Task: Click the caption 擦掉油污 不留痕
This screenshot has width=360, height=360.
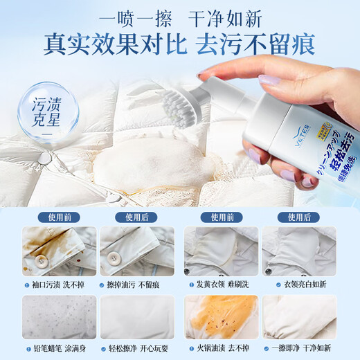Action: point(137,285)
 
